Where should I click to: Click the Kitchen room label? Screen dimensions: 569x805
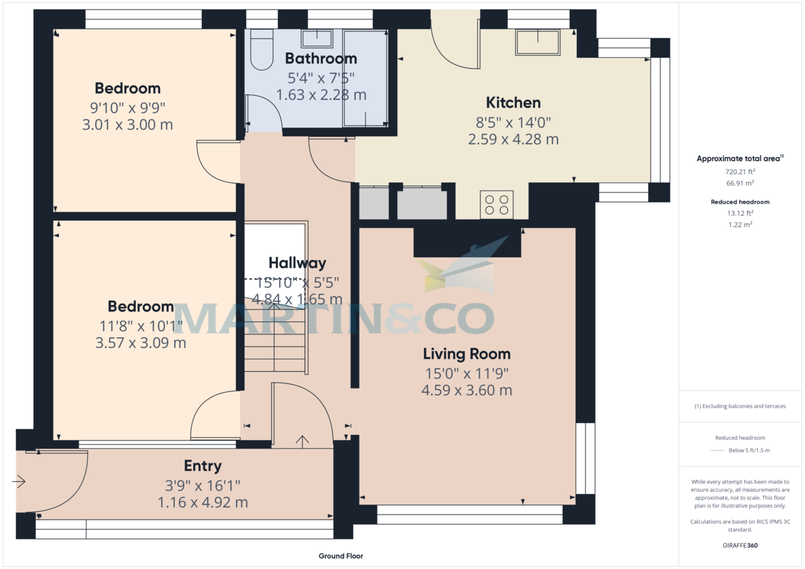513,103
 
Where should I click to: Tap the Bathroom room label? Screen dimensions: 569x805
321,58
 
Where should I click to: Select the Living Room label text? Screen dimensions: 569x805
466,354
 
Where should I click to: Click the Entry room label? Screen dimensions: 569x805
203,466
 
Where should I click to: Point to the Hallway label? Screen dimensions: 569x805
297,263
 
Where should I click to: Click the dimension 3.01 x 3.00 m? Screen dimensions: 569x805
127,124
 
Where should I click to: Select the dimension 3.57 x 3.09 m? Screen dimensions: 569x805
141,342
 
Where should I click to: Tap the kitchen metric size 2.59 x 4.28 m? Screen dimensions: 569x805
513,139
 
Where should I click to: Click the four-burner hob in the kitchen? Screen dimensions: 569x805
497,204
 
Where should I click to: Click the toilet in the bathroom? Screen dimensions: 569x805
261,50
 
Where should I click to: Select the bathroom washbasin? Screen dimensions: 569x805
313,38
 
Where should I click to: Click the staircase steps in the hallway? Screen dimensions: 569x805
275,342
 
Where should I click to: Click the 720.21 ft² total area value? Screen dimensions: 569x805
740,172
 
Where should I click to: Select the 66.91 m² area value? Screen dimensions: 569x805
740,183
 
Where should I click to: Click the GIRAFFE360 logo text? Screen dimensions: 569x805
741,546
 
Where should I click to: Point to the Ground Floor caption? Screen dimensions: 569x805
341,556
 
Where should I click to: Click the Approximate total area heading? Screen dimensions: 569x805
738,159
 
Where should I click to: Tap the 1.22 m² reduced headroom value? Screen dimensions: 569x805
740,225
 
